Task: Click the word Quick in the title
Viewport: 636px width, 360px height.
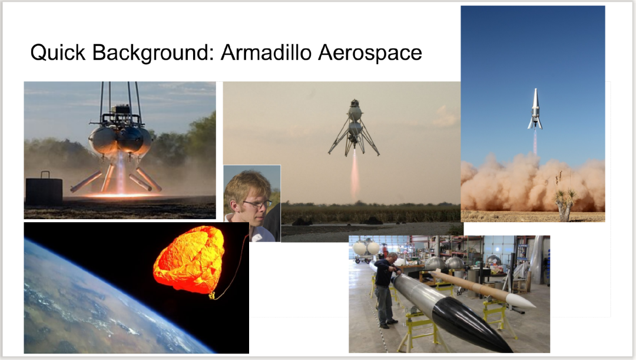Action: coord(58,52)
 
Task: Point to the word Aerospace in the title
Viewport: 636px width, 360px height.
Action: coord(370,54)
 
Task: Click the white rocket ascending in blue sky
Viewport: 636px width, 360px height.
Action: coord(535,109)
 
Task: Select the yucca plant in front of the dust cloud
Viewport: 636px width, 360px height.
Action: coord(564,197)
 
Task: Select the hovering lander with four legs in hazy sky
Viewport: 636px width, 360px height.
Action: coord(354,127)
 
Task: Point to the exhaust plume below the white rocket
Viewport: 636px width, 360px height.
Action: coord(535,141)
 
